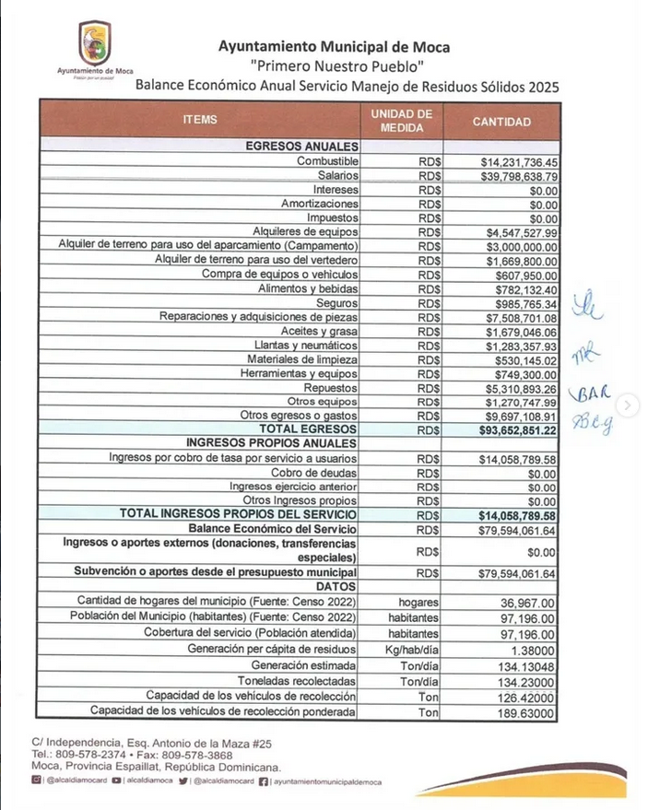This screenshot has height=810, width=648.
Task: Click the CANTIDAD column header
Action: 501,121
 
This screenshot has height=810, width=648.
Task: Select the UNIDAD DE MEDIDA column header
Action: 401,121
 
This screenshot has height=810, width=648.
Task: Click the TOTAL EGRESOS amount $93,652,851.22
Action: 517,429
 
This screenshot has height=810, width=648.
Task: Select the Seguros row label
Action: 337,303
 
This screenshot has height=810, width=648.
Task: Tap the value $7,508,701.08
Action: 522,317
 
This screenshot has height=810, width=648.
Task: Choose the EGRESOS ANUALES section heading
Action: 301,147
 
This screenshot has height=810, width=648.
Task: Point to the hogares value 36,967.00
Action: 529,601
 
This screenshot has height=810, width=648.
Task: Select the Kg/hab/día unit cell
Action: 413,649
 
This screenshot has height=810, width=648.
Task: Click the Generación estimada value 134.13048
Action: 528,664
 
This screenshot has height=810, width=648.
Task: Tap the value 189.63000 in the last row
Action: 528,711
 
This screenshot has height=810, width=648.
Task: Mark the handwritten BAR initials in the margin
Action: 590,395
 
